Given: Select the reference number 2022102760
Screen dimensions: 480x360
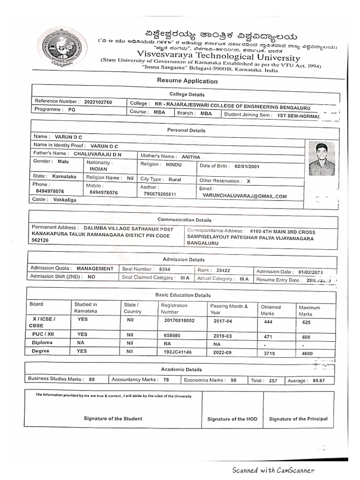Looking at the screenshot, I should click(x=98, y=102).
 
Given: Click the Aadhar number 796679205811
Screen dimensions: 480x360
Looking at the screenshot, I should click(x=160, y=194).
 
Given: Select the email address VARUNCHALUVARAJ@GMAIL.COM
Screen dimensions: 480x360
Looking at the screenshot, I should click(x=244, y=196).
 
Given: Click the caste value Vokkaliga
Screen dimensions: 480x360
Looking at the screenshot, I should click(x=63, y=200).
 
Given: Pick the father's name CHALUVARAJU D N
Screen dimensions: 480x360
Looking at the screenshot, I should click(x=97, y=153).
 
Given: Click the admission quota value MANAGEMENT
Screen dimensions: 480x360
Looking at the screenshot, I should click(x=95, y=269).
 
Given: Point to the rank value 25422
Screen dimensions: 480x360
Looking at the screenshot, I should click(x=217, y=270).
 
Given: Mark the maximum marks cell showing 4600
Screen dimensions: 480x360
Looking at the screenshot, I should click(x=307, y=353).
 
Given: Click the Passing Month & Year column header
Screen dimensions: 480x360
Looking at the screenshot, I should click(x=229, y=309).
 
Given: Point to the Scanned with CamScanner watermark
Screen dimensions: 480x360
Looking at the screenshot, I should click(x=273, y=470).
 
